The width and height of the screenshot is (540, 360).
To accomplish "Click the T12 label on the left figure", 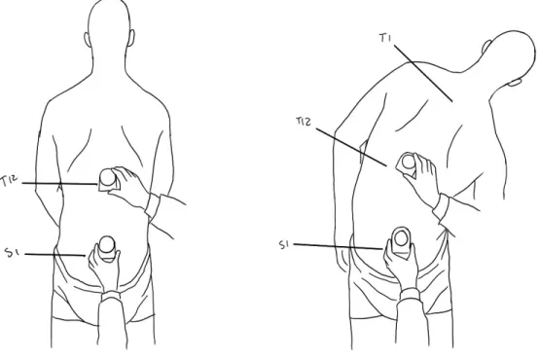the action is pyautogui.click(x=10, y=181).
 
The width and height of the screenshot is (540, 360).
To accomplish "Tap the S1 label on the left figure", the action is pyautogui.click(x=12, y=252).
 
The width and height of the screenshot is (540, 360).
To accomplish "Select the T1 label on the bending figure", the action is pyautogui.click(x=385, y=37).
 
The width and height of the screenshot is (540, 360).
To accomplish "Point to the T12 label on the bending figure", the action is pyautogui.click(x=304, y=122).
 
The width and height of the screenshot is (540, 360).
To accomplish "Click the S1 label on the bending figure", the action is pyautogui.click(x=284, y=244).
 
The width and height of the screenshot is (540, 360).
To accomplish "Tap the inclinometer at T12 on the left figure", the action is pyautogui.click(x=108, y=179).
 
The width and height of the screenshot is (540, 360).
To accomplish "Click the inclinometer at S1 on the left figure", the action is pyautogui.click(x=107, y=249).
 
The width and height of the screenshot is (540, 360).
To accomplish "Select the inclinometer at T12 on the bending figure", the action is pyautogui.click(x=407, y=162).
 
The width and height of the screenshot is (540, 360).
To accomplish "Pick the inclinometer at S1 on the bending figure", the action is pyautogui.click(x=401, y=242).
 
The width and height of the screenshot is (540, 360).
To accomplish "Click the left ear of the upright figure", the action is pyautogui.click(x=88, y=40).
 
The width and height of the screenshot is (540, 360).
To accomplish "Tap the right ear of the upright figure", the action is pyautogui.click(x=131, y=38).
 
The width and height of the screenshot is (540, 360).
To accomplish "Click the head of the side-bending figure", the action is pyautogui.click(x=511, y=55).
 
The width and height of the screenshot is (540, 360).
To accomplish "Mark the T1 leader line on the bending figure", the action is pyautogui.click(x=423, y=73).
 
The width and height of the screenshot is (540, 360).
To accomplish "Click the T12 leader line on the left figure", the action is pyautogui.click(x=59, y=184).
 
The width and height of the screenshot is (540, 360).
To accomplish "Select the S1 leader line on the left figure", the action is pyautogui.click(x=55, y=255).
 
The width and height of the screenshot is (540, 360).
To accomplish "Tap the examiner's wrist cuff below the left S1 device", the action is pyautogui.click(x=111, y=296).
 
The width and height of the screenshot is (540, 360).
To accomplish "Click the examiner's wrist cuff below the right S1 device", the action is pyautogui.click(x=410, y=295).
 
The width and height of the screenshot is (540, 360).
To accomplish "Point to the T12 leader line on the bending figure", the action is pyautogui.click(x=351, y=148).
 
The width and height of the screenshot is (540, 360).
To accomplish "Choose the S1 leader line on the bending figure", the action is pyautogui.click(x=338, y=246).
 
